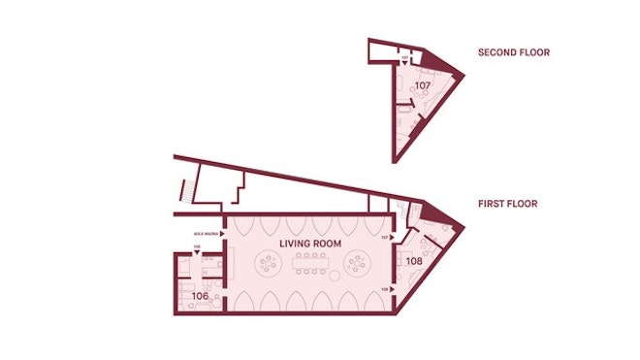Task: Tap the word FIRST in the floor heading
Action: click(x=490, y=204)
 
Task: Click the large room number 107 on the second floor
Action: click(x=423, y=85)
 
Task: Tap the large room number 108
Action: click(x=414, y=260)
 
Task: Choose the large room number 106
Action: click(x=200, y=295)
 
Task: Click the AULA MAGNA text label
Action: click(x=205, y=233)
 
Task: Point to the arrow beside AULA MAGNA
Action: click(x=222, y=233)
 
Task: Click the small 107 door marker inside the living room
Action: click(x=385, y=237)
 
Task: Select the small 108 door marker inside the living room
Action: click(x=385, y=289)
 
